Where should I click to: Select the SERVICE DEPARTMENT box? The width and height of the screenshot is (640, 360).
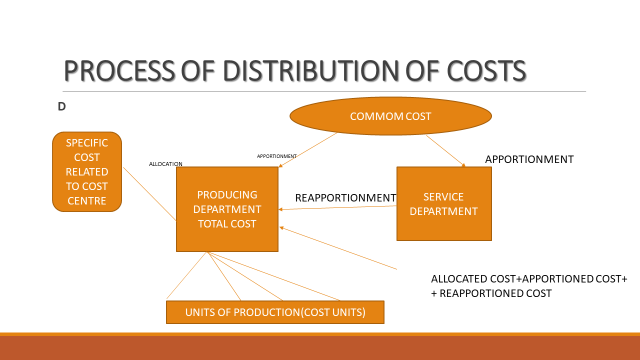pos(444,203)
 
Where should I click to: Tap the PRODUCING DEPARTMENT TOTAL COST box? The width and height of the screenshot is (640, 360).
pos(228,208)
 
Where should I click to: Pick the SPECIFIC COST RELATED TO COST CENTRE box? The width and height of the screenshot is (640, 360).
pos(86,171)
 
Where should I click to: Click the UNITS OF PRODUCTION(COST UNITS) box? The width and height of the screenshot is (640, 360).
pos(274,312)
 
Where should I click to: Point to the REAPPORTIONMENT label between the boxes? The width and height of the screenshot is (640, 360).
pos(345,198)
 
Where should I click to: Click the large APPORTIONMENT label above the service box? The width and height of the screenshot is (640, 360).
pos(529,159)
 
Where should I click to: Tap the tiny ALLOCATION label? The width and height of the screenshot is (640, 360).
pos(165,163)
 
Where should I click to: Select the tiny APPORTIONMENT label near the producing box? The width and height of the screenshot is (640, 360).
pos(276,156)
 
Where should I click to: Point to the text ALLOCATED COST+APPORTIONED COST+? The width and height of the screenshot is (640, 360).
pos(528,278)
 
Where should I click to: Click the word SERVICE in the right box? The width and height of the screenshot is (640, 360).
pos(444,195)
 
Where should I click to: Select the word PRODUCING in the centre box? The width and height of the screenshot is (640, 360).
pos(228,194)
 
